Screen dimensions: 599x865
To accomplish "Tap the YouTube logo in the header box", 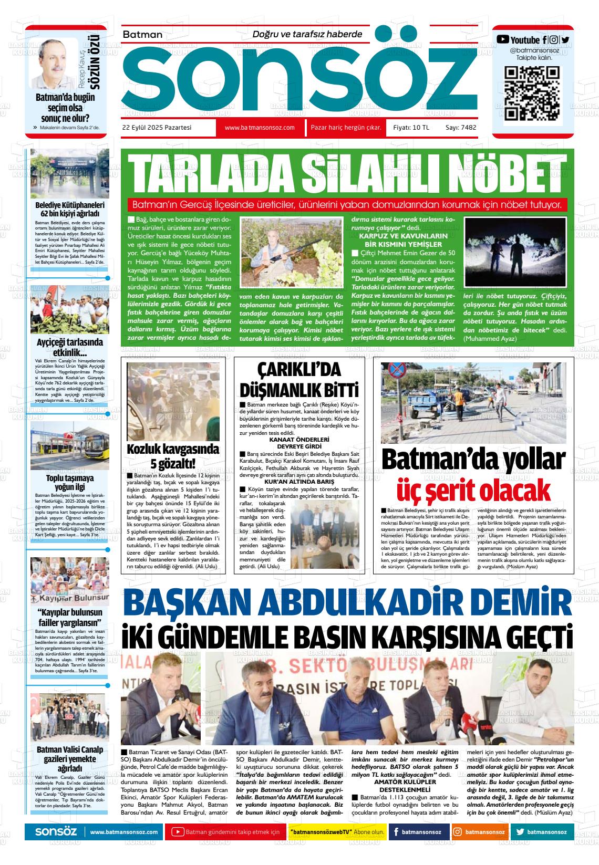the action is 503,39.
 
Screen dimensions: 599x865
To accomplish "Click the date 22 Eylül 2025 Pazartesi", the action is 157,128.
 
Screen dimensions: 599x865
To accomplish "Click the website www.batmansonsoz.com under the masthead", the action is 259,128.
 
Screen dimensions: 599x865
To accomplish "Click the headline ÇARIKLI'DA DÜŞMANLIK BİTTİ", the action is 299,380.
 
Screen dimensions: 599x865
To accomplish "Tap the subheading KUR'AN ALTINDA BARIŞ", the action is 299,481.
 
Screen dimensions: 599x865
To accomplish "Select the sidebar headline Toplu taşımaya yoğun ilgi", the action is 69,483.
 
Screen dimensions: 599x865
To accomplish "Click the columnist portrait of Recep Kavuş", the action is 54,63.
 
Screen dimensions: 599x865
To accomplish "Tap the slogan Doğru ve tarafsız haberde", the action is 307,34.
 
